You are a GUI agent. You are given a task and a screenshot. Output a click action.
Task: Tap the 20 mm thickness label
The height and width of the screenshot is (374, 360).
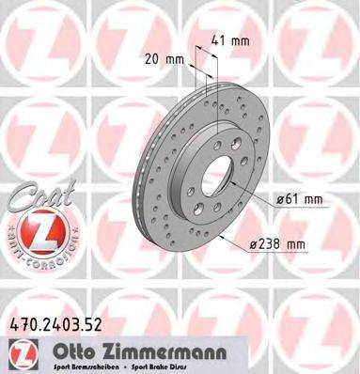pyautogui.click(x=161, y=57)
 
